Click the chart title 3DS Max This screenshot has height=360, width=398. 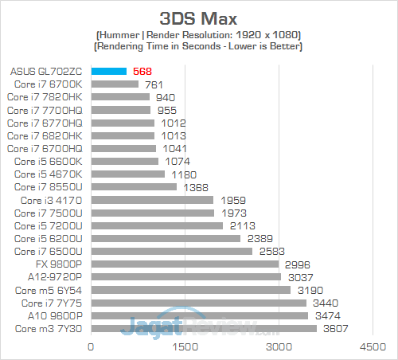point(200,18)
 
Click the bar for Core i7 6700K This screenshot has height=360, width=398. point(115,84)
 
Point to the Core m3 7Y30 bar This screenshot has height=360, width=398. point(204,328)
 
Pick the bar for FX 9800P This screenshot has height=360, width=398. point(185,264)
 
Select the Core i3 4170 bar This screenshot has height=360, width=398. point(152,200)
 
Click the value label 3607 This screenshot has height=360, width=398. point(334,328)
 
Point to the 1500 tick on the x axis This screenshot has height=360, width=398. point(185,347)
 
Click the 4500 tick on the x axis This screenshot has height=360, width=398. point(372,347)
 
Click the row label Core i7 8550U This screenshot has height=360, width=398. point(49,187)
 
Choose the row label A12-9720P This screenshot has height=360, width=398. point(55,277)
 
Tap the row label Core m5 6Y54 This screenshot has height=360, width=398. point(52,290)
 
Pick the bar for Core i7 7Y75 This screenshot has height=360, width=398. point(198,303)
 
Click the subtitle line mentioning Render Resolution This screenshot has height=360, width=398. point(200,36)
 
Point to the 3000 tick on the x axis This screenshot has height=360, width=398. point(279,347)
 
